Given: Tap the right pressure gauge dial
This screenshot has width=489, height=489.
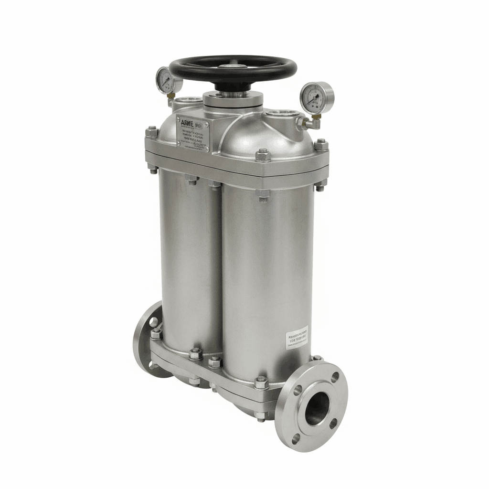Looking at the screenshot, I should tap(316, 97).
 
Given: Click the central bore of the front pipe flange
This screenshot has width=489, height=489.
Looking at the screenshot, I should tap(316, 408).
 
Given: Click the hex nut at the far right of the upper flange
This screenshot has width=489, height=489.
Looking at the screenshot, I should tap(321, 144).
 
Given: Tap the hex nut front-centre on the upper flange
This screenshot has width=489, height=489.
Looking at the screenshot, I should tap(263, 155).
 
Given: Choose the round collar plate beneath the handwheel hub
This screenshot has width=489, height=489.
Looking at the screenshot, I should tap(233, 100).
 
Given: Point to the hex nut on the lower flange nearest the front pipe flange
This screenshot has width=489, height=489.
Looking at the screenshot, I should tap(261, 383).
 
